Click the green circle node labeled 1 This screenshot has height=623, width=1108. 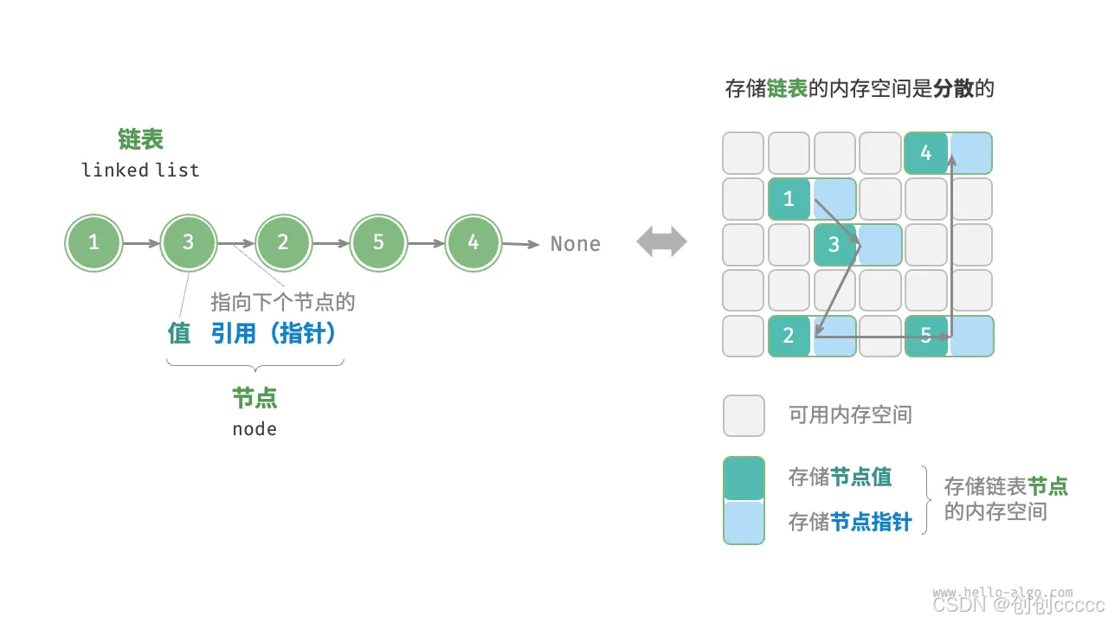(93, 243)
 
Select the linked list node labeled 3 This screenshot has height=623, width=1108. (188, 243)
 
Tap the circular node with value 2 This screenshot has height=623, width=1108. (283, 243)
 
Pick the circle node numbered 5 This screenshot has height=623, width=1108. (377, 243)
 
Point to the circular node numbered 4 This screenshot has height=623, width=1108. (473, 243)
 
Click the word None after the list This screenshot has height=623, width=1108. (576, 244)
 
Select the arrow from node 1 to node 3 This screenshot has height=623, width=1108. (141, 244)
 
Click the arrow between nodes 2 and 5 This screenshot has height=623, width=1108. (331, 244)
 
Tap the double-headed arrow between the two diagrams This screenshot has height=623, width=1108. (661, 243)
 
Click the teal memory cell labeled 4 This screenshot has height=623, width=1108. (925, 153)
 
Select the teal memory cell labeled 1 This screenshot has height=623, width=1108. (789, 199)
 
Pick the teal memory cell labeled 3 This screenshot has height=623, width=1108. (834, 245)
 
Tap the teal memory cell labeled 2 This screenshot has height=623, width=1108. (789, 336)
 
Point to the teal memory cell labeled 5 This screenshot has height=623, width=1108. (925, 336)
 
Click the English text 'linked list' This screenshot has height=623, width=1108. (140, 170)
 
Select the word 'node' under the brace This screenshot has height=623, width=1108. (254, 429)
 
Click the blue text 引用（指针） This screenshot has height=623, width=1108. (274, 333)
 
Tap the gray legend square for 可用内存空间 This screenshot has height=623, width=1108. (744, 415)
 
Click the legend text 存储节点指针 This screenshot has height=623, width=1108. (849, 522)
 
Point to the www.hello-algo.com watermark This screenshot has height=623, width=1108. (1002, 593)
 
